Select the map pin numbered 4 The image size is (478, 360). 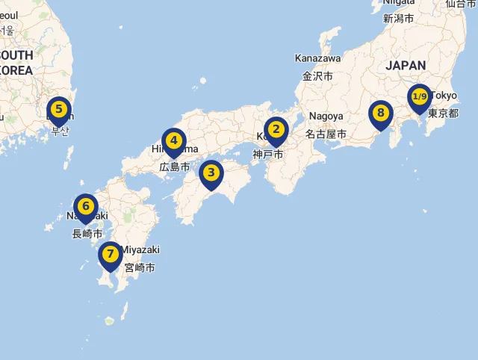point(173,140)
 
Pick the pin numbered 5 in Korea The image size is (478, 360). point(58,108)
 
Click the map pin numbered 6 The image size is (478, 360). point(86,206)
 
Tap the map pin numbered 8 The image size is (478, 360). point(380,114)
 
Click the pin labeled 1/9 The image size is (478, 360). point(419,97)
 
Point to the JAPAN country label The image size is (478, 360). point(406,66)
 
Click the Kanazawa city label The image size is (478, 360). point(317,58)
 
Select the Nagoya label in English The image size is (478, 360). point(326,117)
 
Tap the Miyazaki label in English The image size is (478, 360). point(140,249)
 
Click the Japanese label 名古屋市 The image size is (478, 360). point(326,134)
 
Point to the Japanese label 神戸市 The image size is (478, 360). point(268,155)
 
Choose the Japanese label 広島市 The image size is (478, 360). point(175,167)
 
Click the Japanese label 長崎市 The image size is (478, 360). point(87,234)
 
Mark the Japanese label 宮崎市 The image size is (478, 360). point(140,267)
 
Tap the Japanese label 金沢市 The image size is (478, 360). point(317,75)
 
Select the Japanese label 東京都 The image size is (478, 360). point(443,114)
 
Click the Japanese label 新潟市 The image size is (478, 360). point(398,18)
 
